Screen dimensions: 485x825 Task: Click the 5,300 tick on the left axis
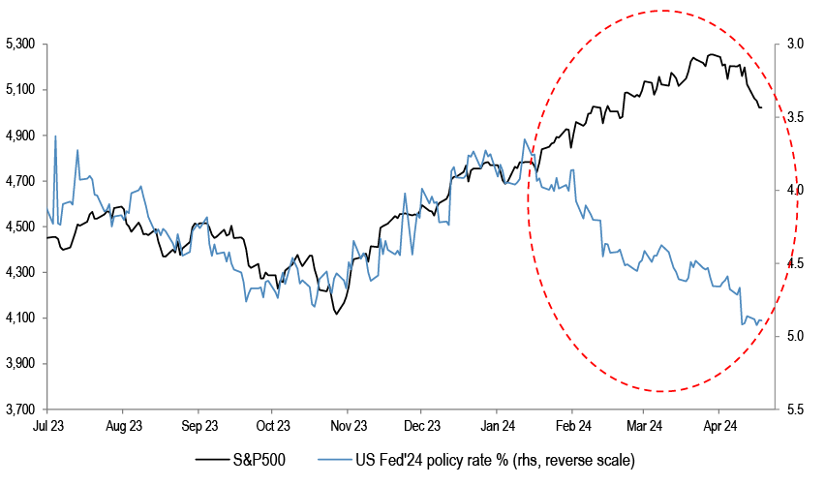click(20, 45)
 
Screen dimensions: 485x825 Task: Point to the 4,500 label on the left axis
click(20, 227)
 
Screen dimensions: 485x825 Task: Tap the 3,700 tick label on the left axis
click(20, 409)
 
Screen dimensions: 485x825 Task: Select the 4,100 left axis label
click(20, 318)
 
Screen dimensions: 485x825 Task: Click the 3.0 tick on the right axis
click(795, 45)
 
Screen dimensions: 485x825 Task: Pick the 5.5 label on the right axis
click(795, 409)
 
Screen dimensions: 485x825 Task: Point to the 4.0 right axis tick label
click(795, 191)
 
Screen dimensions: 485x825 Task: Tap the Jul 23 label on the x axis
click(47, 426)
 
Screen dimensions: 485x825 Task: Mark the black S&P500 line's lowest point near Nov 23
click(335, 314)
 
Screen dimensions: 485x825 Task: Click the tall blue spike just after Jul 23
click(55, 136)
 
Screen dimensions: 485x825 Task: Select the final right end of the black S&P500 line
click(761, 107)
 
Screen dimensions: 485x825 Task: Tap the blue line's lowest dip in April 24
click(742, 324)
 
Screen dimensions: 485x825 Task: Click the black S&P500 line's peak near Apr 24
click(712, 55)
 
